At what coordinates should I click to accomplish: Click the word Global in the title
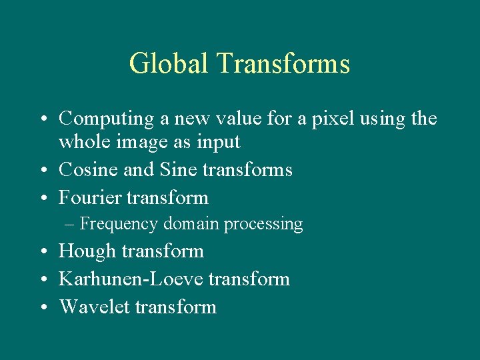(169, 64)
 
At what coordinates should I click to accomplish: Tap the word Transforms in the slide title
(283, 64)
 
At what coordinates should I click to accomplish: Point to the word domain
(191, 224)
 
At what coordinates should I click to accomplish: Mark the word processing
(263, 225)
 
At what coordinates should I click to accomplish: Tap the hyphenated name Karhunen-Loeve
(131, 279)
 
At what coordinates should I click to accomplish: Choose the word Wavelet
(94, 307)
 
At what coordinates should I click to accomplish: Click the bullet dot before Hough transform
(42, 252)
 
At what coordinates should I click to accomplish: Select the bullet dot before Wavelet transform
(42, 307)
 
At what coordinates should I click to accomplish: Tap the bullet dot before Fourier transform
(42, 198)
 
